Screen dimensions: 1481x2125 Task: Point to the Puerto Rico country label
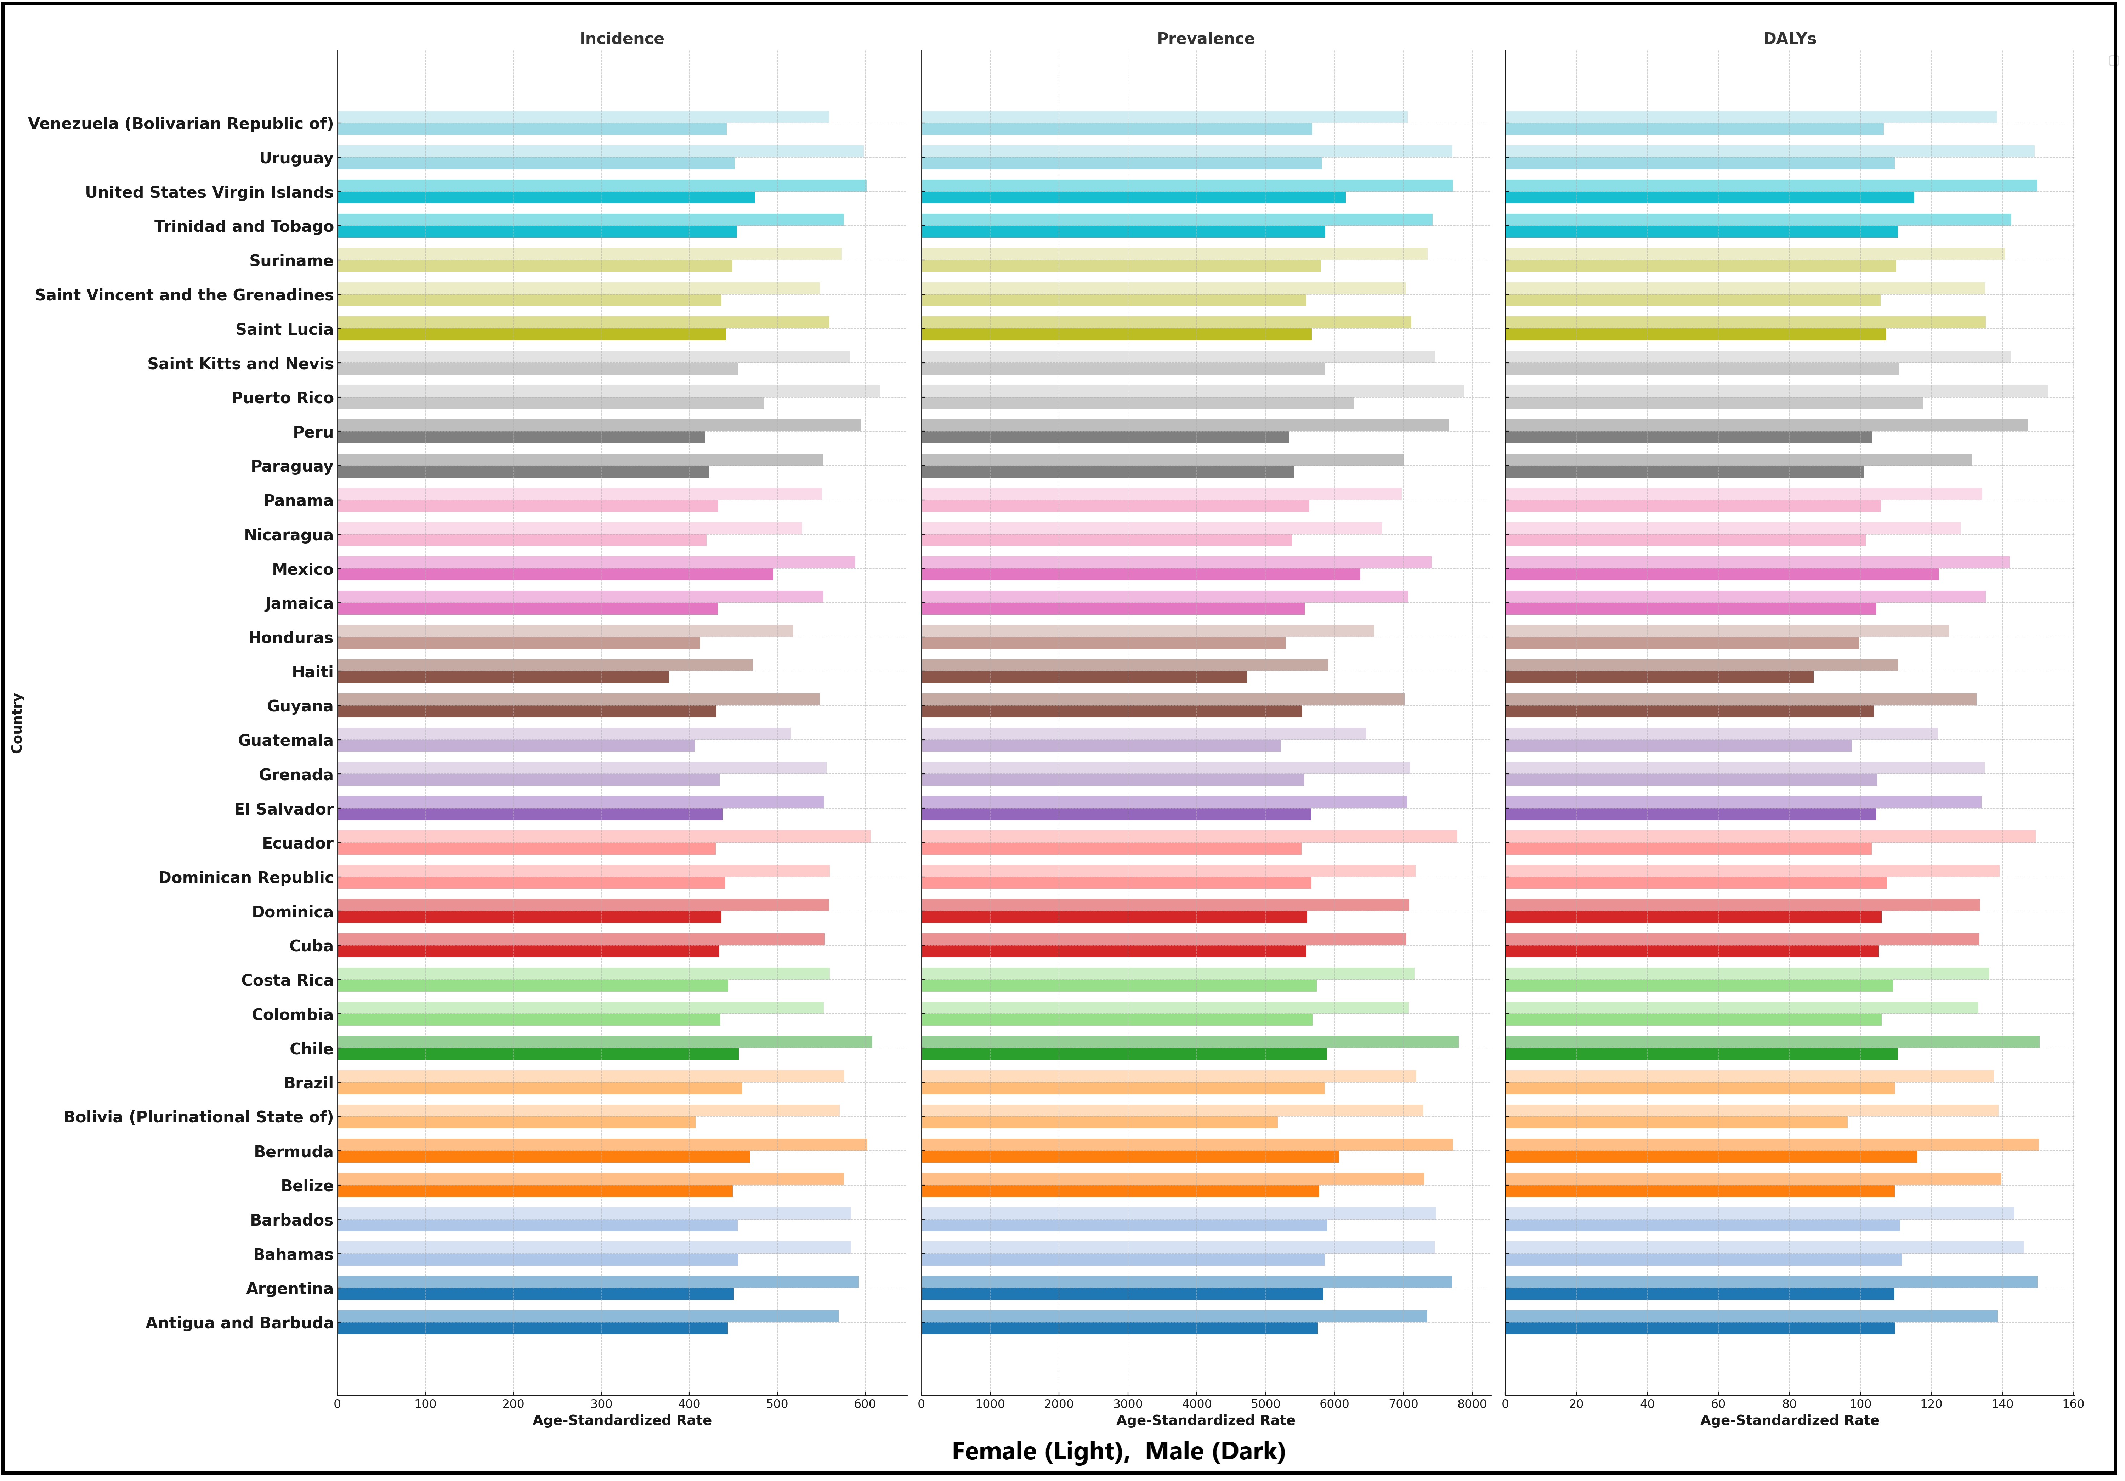[x=282, y=398]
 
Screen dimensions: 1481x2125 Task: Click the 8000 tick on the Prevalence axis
[x=1472, y=1404]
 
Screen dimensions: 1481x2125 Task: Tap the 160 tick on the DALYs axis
[x=2073, y=1404]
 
